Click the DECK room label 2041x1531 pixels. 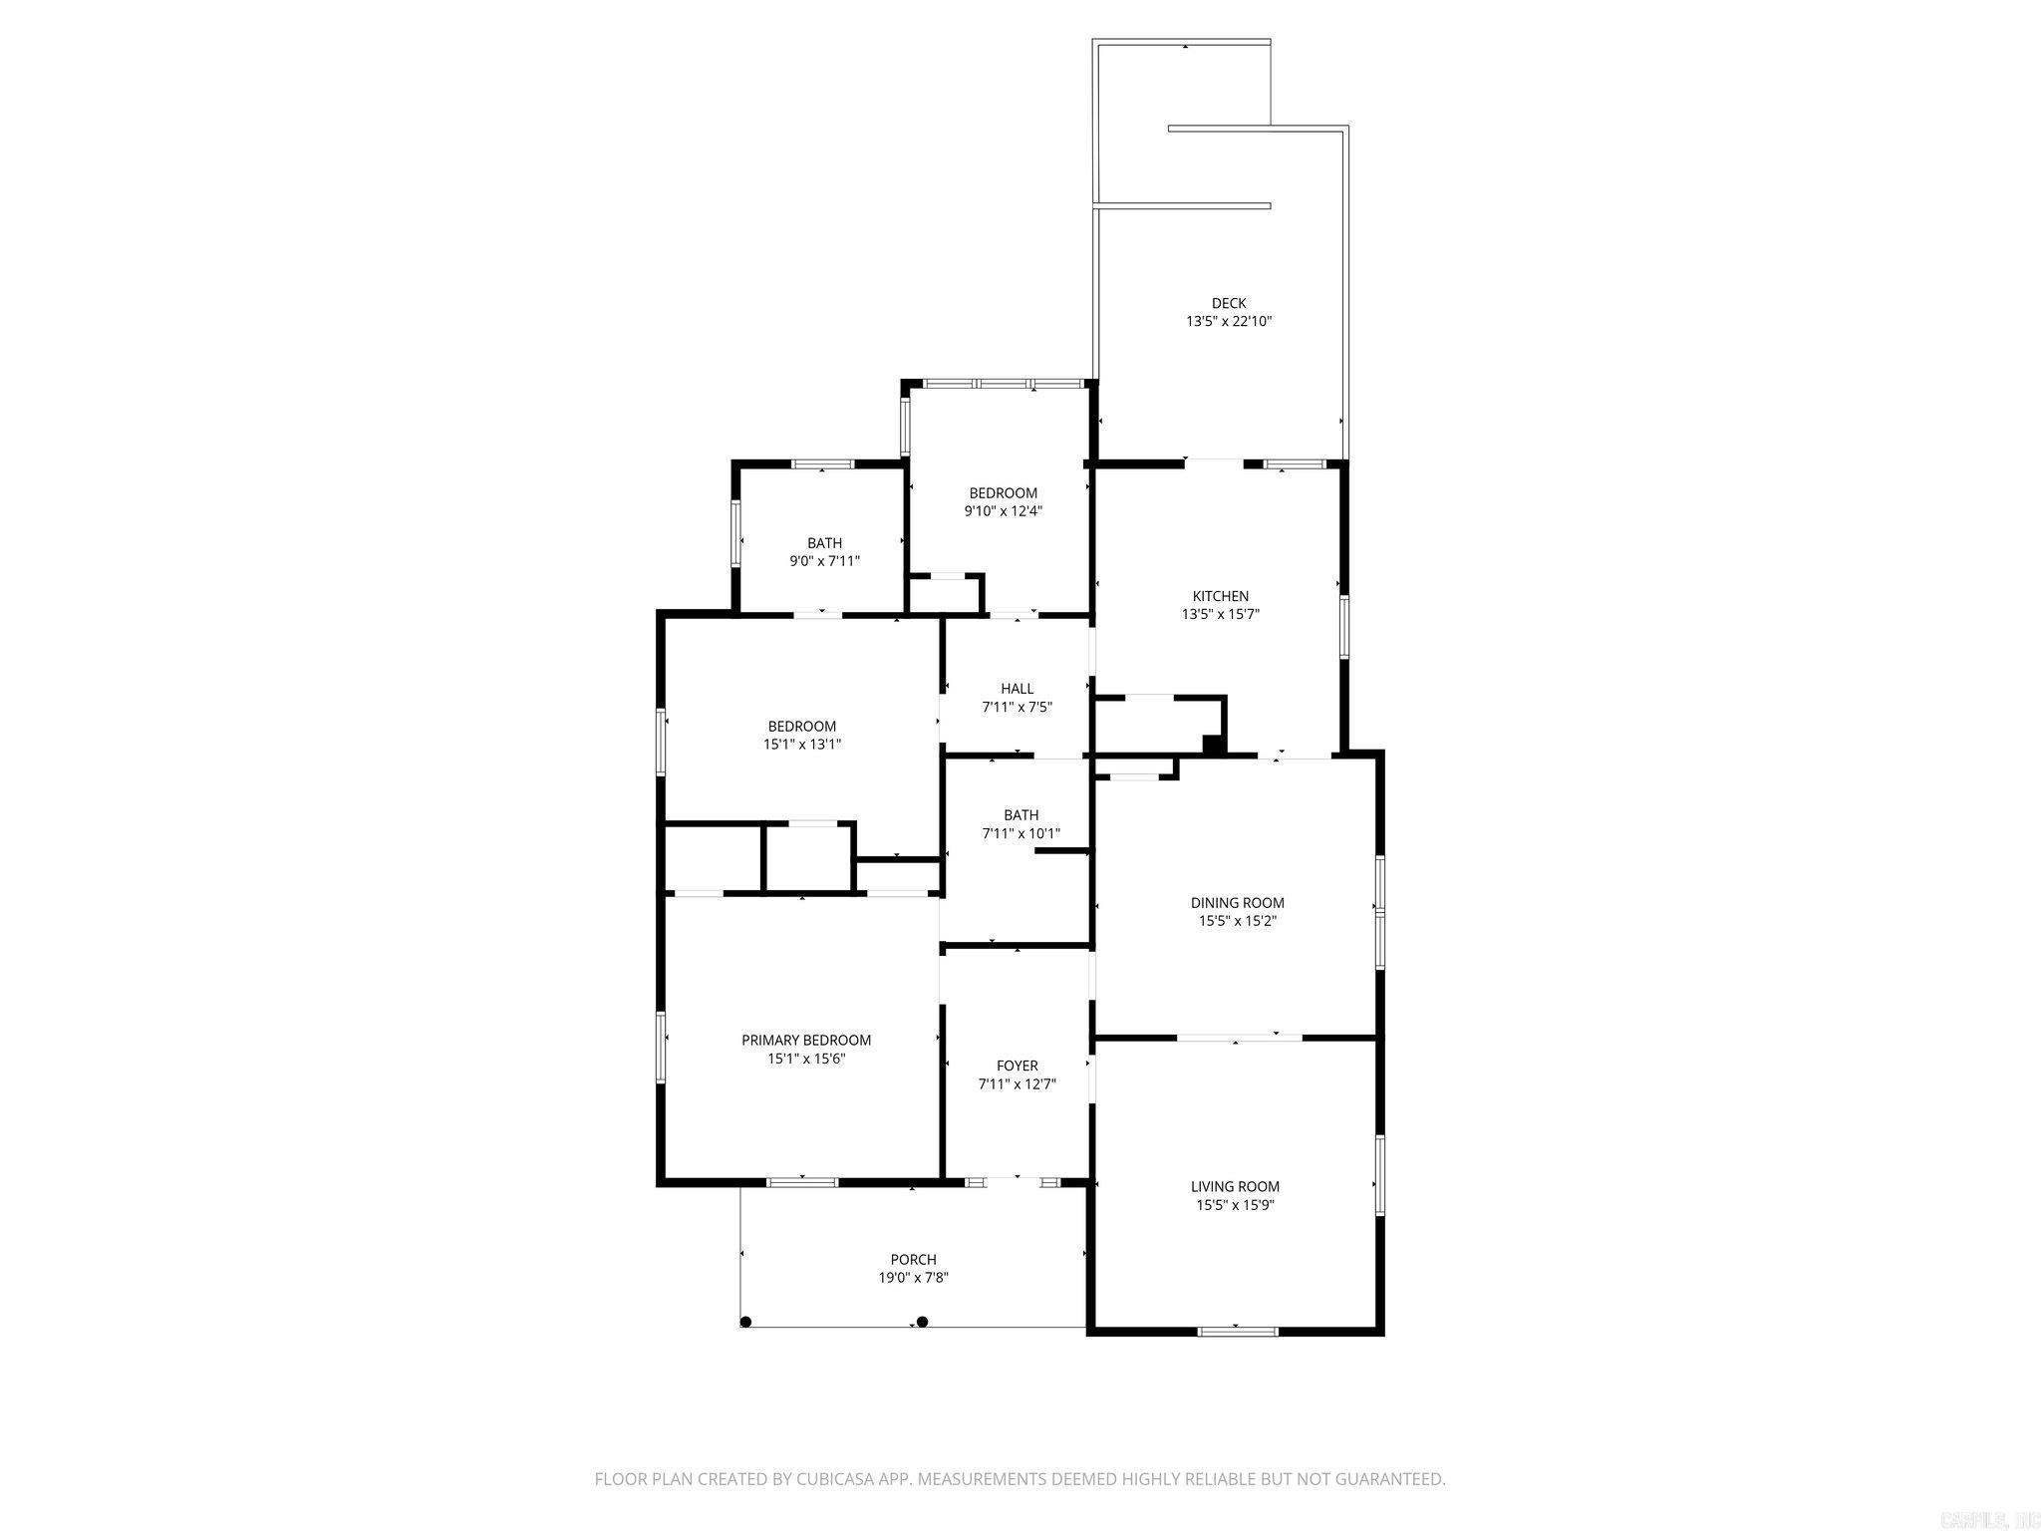[x=1228, y=303]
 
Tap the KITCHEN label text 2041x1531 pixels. [x=1220, y=596]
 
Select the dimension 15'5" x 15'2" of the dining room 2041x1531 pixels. [x=1237, y=921]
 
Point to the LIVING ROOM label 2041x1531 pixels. [x=1235, y=1186]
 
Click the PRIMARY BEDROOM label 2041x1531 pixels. [x=805, y=1040]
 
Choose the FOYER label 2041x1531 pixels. [x=1017, y=1066]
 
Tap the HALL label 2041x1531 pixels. [x=1017, y=688]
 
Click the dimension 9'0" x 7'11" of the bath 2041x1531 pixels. [x=824, y=561]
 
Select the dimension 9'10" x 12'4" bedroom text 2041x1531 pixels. [x=1003, y=511]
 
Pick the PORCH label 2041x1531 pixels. [x=913, y=1259]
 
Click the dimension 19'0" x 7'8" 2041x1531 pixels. [x=913, y=1278]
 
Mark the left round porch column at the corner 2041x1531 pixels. [x=745, y=1322]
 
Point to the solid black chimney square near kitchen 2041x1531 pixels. [x=1212, y=744]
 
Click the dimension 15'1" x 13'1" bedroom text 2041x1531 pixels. [x=801, y=744]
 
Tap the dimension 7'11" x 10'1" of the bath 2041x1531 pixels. [x=1020, y=833]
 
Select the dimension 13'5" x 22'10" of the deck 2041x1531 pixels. [x=1228, y=322]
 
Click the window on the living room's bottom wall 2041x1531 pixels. [x=1237, y=1331]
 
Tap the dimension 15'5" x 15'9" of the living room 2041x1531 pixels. [x=1235, y=1205]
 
